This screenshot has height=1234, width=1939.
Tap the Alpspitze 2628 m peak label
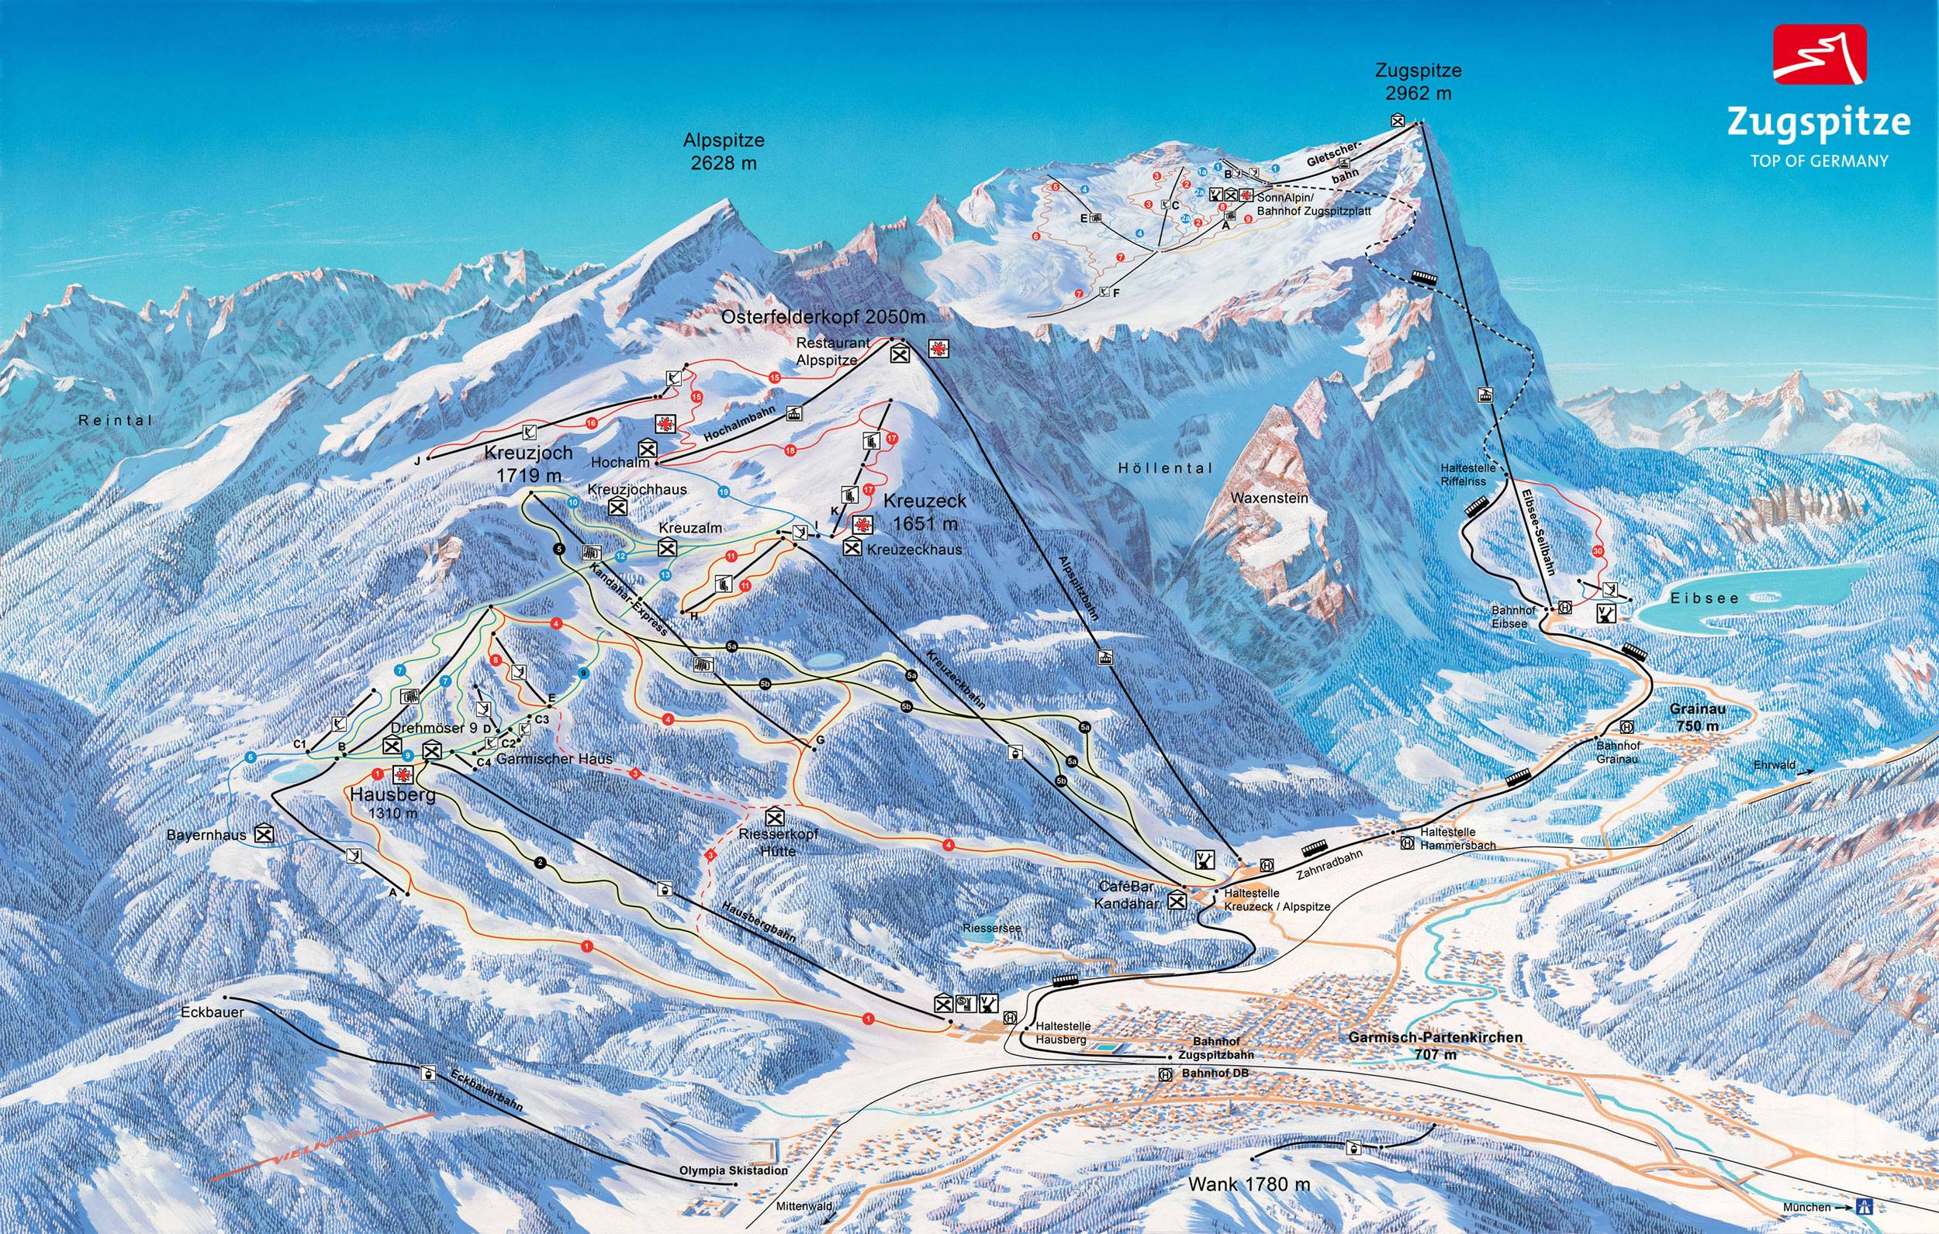[723, 151]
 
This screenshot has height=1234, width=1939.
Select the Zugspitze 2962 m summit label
[1418, 81]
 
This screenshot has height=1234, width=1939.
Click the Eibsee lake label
[1704, 598]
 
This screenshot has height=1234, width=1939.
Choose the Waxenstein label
[1270, 498]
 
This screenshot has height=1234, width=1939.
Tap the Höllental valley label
[1164, 467]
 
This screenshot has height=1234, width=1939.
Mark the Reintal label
[115, 420]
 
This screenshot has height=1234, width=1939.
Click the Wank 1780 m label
[1249, 1184]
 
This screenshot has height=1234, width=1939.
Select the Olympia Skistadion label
[733, 1171]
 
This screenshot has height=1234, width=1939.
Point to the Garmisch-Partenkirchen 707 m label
[1435, 1045]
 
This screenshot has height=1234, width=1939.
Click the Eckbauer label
[213, 1012]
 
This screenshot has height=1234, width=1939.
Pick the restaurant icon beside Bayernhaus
[262, 835]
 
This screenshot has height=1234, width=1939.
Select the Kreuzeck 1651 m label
[925, 512]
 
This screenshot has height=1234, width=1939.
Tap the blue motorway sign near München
[1863, 1208]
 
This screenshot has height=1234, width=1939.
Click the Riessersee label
[991, 928]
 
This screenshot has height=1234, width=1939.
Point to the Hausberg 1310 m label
[393, 803]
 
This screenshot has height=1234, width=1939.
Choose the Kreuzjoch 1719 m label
[528, 464]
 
